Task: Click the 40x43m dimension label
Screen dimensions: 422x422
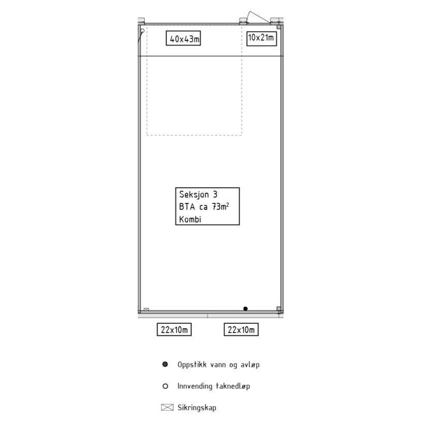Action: pyautogui.click(x=183, y=38)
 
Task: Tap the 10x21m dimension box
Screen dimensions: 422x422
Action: pyautogui.click(x=262, y=38)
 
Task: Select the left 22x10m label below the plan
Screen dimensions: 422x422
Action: pyautogui.click(x=174, y=329)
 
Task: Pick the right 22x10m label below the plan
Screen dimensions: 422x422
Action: pyautogui.click(x=241, y=329)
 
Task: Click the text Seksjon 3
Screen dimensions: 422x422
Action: pyautogui.click(x=198, y=194)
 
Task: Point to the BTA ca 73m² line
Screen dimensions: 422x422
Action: pyautogui.click(x=204, y=206)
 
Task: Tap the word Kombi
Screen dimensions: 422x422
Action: pyautogui.click(x=190, y=219)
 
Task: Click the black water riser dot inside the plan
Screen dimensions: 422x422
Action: pyautogui.click(x=246, y=309)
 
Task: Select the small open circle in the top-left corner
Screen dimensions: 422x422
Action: pyautogui.click(x=142, y=31)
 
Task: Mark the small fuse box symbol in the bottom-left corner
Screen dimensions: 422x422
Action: pyautogui.click(x=146, y=309)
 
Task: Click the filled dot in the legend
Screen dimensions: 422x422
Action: pyautogui.click(x=165, y=364)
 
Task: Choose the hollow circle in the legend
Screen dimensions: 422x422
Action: pyautogui.click(x=165, y=386)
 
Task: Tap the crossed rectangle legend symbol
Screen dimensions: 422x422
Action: pyautogui.click(x=167, y=408)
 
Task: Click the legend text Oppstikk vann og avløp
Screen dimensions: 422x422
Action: pyautogui.click(x=219, y=365)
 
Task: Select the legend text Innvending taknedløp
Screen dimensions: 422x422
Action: pyautogui.click(x=214, y=386)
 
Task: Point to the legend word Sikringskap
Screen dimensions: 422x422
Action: pyautogui.click(x=197, y=408)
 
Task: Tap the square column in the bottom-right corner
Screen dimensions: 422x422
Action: pyautogui.click(x=279, y=309)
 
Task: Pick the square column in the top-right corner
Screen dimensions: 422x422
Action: pyautogui.click(x=279, y=27)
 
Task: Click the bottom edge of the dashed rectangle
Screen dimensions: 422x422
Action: pyautogui.click(x=194, y=135)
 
